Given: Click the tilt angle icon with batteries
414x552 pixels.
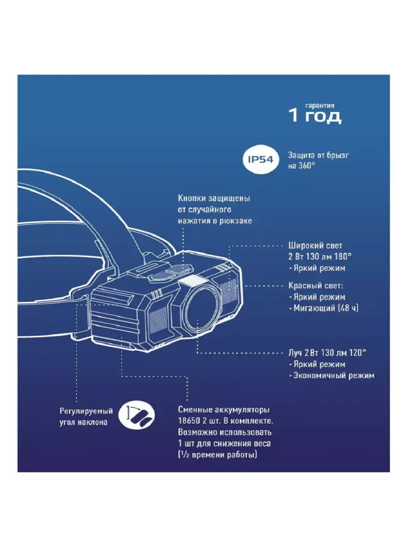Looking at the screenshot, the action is pyautogui.click(x=138, y=416).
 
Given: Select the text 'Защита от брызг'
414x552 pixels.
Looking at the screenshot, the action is pyautogui.click(x=318, y=155).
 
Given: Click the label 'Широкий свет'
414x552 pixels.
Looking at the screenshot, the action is pyautogui.click(x=315, y=246).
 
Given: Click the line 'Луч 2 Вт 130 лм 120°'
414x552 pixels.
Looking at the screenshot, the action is pyautogui.click(x=327, y=353).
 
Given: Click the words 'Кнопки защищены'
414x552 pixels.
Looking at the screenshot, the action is pyautogui.click(x=214, y=199).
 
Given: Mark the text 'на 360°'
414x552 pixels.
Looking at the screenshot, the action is pyautogui.click(x=302, y=166).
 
